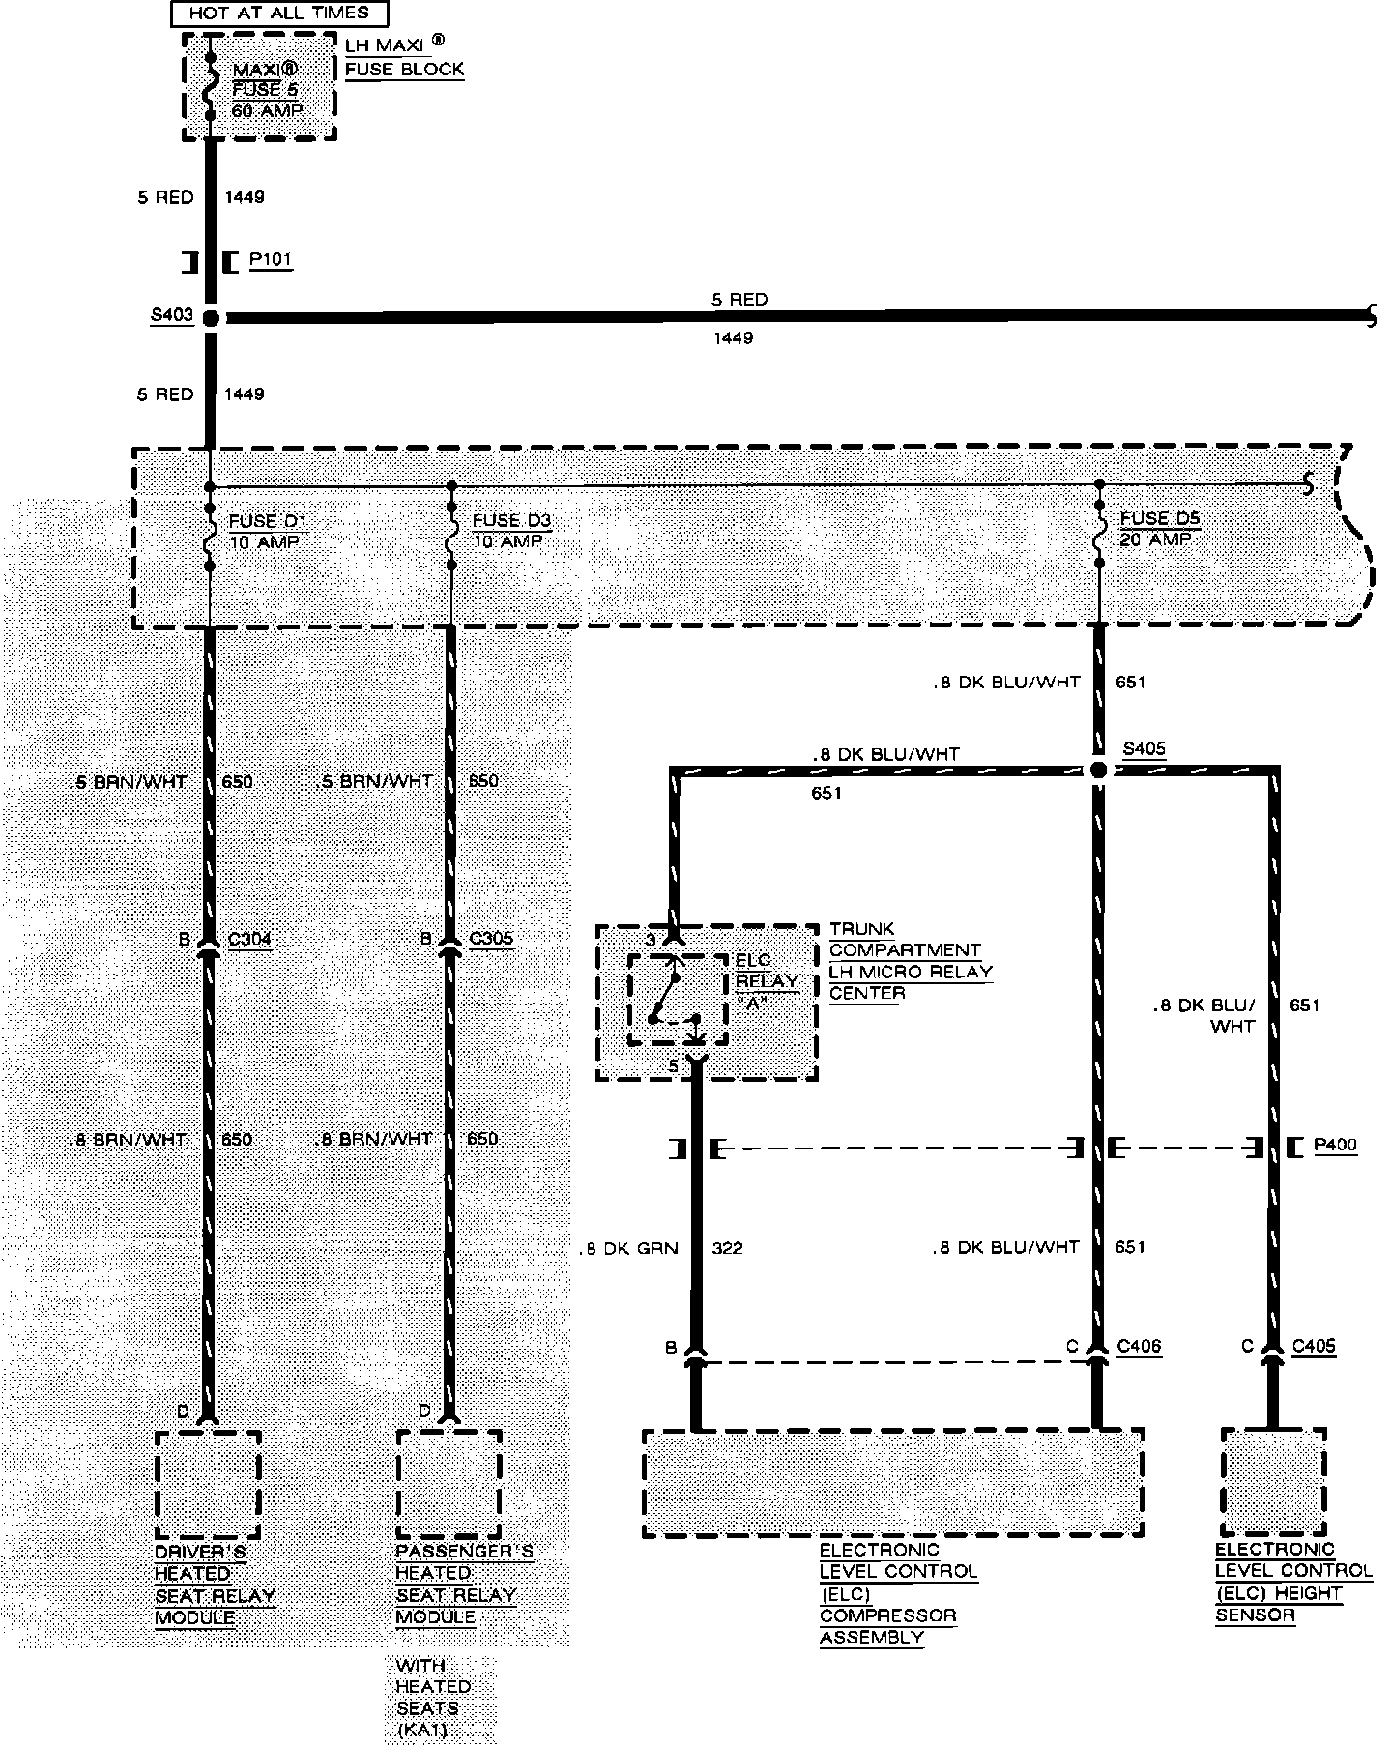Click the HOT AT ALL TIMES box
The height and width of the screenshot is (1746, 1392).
coord(278,14)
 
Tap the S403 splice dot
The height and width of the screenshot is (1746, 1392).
coord(210,317)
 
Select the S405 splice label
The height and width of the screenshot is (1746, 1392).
coord(1144,749)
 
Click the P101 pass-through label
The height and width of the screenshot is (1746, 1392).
coord(270,260)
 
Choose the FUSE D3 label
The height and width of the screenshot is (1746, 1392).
coord(510,521)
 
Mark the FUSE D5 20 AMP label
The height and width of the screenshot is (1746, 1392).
coord(1159,528)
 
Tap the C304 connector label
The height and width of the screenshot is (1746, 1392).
coord(249,938)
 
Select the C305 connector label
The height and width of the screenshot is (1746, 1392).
coord(491,938)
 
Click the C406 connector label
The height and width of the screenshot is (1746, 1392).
coord(1139,1346)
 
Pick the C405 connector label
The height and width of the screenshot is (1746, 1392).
coord(1314,1346)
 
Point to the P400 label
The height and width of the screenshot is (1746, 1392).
coord(1335,1146)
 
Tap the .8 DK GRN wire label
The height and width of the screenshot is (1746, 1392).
coord(629,1248)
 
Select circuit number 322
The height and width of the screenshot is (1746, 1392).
coord(727,1248)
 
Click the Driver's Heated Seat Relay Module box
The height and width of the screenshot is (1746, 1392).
coord(208,1484)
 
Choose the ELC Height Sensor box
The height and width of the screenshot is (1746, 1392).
coord(1272,1482)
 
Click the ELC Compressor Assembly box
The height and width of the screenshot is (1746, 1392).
coord(893,1482)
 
